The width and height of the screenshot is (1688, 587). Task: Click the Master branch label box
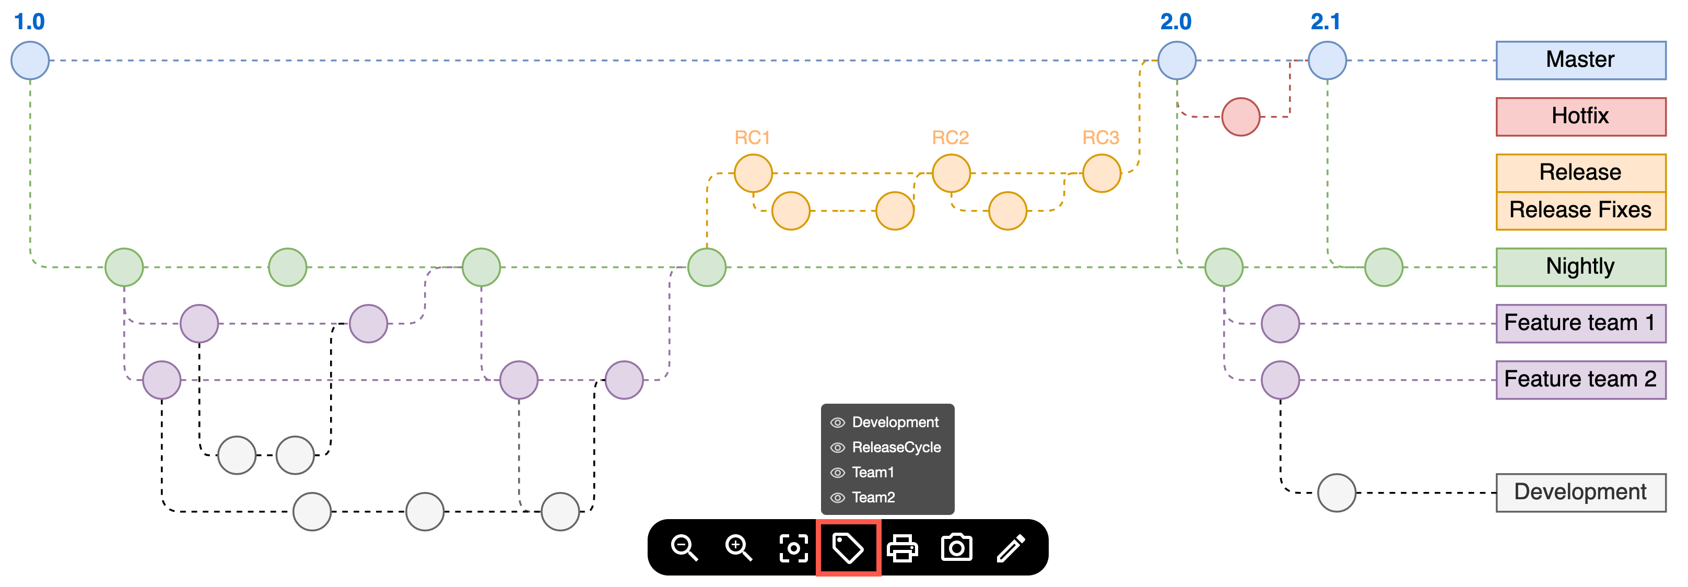click(1580, 60)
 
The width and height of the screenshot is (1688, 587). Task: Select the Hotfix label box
click(1580, 116)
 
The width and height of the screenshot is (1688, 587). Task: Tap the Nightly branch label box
click(1580, 267)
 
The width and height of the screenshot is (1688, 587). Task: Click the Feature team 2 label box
click(1580, 379)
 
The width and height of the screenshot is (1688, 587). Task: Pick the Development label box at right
click(1580, 492)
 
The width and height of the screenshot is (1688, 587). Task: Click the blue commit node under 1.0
click(30, 60)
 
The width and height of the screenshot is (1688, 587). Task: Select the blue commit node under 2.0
click(1176, 60)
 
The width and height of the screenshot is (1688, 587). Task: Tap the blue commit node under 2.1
click(1327, 60)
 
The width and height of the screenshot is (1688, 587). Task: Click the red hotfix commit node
click(1240, 116)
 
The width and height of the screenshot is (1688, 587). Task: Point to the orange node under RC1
click(753, 173)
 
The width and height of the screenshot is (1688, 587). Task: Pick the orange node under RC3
click(1101, 173)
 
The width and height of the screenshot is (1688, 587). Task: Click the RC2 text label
click(950, 137)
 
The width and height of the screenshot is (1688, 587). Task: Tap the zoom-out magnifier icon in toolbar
click(684, 547)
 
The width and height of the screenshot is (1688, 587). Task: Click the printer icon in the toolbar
click(902, 547)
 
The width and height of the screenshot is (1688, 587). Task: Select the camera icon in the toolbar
click(957, 547)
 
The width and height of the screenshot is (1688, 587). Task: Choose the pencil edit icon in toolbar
click(1011, 547)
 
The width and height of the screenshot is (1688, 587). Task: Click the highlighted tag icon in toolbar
click(848, 547)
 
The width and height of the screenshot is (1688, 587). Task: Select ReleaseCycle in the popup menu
click(896, 448)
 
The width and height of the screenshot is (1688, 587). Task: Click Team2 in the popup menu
click(873, 497)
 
